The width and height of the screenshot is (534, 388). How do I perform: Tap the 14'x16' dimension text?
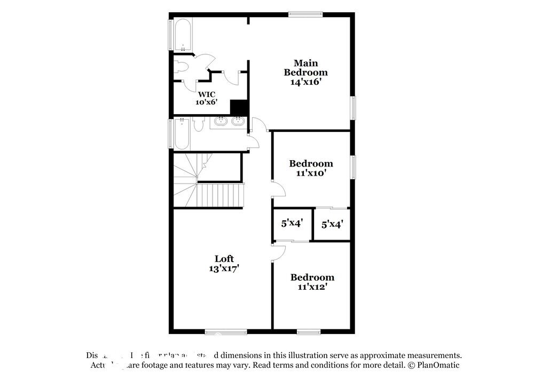click(305, 83)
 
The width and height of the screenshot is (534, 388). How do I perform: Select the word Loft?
click(224, 259)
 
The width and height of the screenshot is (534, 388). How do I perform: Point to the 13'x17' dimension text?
click(224, 269)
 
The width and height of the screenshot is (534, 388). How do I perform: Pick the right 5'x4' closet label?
click(332, 225)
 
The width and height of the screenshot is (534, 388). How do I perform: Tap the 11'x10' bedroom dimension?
click(311, 173)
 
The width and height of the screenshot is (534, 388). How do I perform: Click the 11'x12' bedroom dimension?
click(312, 287)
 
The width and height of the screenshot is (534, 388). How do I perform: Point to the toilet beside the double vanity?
click(198, 125)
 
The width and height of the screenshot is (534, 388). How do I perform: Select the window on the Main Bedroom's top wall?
click(305, 14)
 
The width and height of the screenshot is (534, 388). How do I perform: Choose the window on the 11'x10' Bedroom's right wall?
click(352, 167)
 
